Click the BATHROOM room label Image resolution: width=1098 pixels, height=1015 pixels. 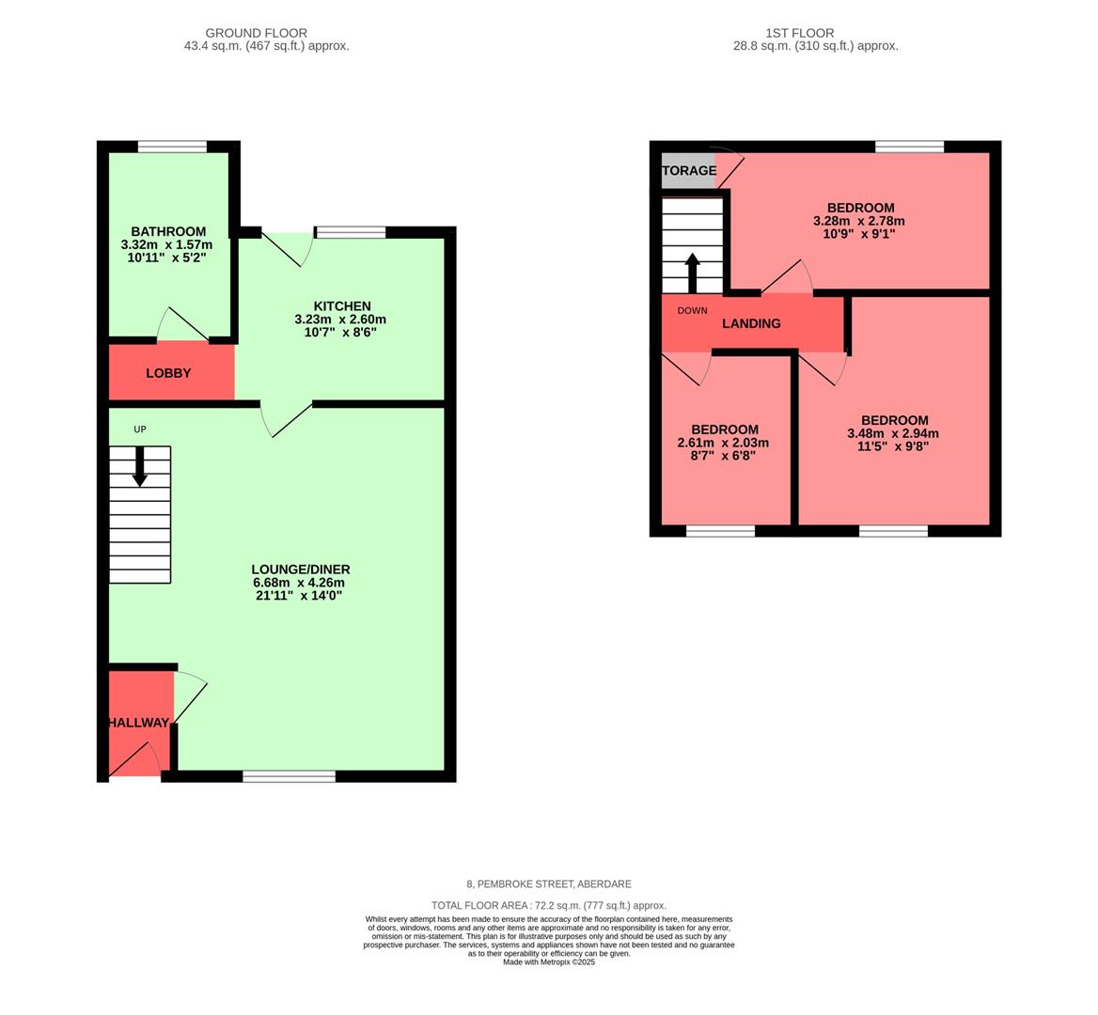[168, 232]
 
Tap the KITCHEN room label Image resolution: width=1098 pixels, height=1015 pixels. [341, 306]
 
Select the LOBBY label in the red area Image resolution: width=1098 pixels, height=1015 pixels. [168, 373]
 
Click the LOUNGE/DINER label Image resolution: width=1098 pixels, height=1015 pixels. [300, 570]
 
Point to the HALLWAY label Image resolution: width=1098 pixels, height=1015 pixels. [138, 723]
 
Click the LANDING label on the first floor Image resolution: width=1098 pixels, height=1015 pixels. [751, 323]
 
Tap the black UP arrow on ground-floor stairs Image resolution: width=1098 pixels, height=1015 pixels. [140, 466]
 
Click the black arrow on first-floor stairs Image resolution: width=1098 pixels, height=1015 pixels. [692, 273]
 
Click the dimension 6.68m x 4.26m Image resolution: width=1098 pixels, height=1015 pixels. [300, 583]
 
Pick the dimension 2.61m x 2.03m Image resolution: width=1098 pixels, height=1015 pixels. [723, 444]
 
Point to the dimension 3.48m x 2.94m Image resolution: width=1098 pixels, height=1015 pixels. [893, 434]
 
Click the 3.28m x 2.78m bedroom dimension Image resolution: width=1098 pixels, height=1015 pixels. [859, 222]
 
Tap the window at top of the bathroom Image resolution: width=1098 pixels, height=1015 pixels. [172, 147]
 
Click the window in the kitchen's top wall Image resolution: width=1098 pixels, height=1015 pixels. [351, 232]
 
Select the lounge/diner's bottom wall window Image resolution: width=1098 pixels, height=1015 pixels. [289, 776]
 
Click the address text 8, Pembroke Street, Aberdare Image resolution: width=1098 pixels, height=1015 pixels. [549, 884]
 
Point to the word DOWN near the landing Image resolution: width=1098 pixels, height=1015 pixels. [692, 311]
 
